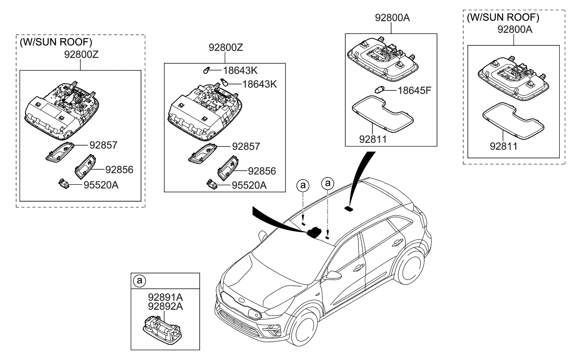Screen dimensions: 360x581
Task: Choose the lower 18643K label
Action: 259,84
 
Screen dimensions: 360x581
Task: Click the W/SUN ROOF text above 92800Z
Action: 56,42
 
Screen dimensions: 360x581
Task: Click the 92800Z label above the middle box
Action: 226,48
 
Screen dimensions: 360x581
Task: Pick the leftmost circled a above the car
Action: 302,185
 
